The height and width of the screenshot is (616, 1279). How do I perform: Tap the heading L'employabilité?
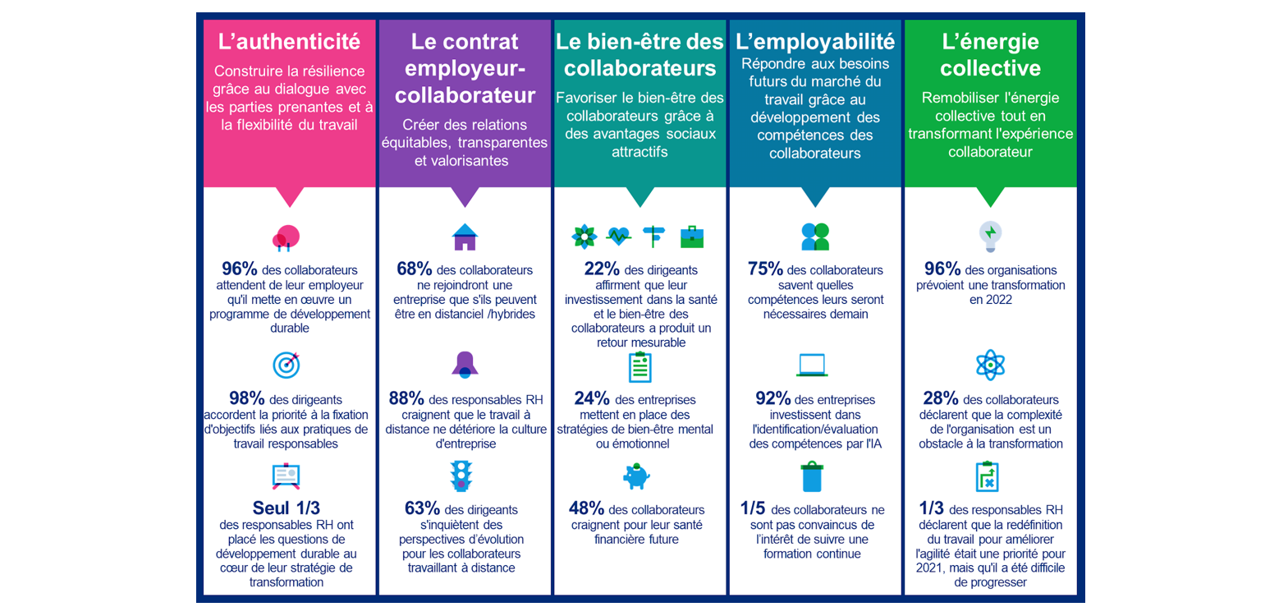[x=814, y=40]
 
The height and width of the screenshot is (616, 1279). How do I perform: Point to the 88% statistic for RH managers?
[x=407, y=399]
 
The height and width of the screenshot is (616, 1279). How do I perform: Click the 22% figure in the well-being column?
[x=601, y=270]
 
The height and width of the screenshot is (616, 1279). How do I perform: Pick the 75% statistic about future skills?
[x=765, y=270]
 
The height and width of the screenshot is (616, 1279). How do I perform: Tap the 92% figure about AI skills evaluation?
[x=772, y=399]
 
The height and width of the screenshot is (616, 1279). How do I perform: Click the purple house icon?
[x=465, y=237]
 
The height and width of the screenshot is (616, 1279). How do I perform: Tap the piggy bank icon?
[x=636, y=476]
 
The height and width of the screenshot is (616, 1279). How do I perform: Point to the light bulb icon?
[x=989, y=236]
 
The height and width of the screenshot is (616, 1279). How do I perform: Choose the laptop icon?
[x=812, y=365]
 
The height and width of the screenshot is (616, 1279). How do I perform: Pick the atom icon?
[x=989, y=365]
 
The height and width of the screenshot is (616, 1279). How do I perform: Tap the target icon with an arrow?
[x=286, y=365]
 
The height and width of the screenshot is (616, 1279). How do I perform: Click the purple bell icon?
[x=465, y=364]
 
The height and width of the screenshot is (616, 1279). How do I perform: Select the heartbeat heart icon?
[x=618, y=237]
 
